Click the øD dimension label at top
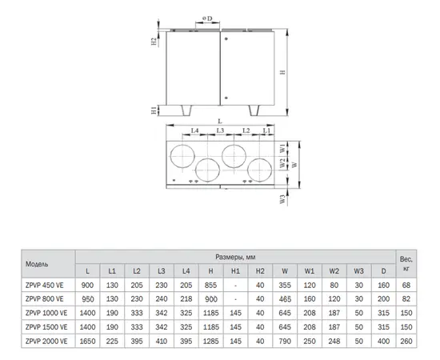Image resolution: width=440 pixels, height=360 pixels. [207, 18]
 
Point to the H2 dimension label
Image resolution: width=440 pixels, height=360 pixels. [154, 42]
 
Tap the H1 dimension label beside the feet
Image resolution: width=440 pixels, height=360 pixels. [154, 110]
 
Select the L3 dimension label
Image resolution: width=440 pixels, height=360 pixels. [220, 130]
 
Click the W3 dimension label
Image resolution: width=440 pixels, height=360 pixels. [283, 199]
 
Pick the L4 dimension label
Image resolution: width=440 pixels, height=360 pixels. [194, 130]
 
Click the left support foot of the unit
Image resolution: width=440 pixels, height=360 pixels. [186, 110]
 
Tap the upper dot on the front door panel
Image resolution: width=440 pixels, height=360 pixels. [226, 38]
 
